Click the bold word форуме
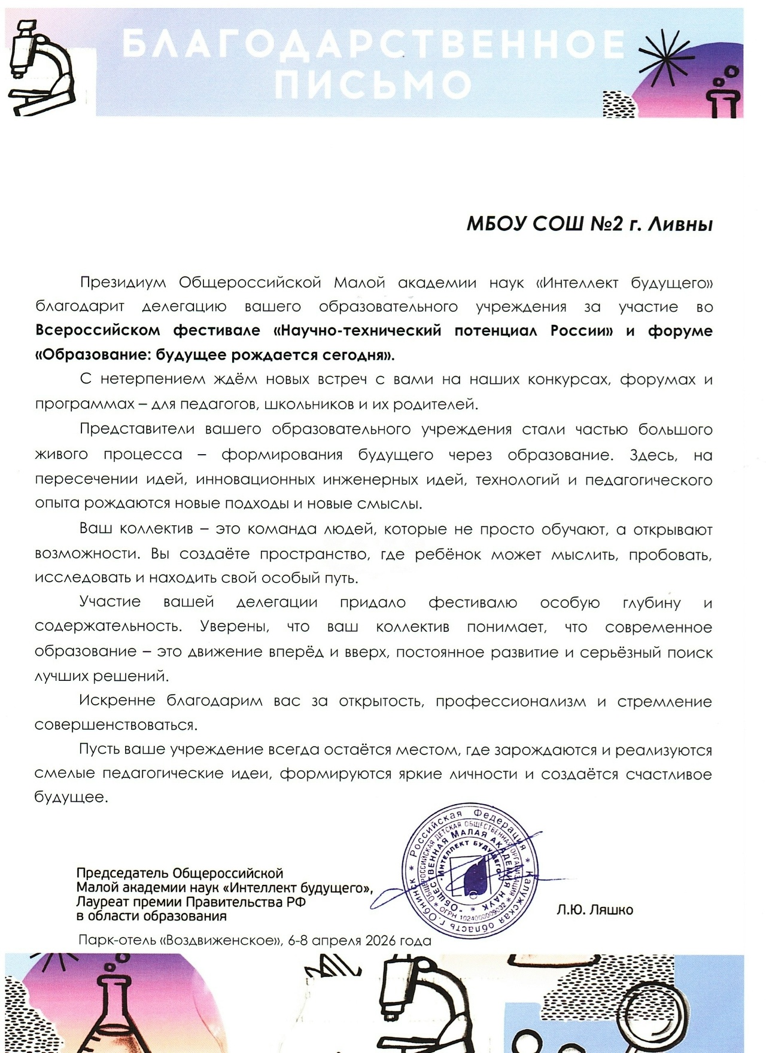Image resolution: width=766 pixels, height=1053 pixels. [x=680, y=331]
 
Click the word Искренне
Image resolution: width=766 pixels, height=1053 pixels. [x=117, y=701]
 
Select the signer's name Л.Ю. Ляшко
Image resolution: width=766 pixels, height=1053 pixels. [x=594, y=910]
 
